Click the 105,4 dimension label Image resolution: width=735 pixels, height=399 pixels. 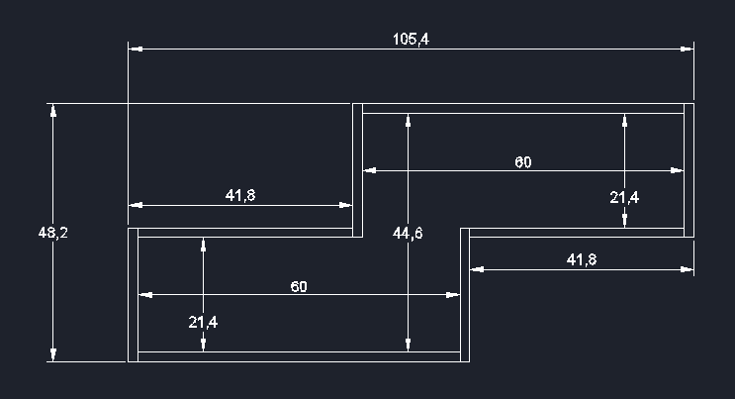[411, 40]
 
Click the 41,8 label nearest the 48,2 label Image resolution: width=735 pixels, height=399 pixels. [240, 196]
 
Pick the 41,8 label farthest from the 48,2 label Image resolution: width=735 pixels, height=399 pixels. [581, 259]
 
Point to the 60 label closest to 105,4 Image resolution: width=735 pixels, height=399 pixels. [523, 162]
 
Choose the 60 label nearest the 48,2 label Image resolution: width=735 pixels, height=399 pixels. [299, 286]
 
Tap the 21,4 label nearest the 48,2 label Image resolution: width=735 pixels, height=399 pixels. [203, 322]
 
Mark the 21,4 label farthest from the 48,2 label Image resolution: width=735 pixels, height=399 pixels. [624, 197]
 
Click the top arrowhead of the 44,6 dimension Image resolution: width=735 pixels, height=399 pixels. [408, 119]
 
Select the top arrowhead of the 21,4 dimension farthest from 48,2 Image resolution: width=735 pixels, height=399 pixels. [624, 119]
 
